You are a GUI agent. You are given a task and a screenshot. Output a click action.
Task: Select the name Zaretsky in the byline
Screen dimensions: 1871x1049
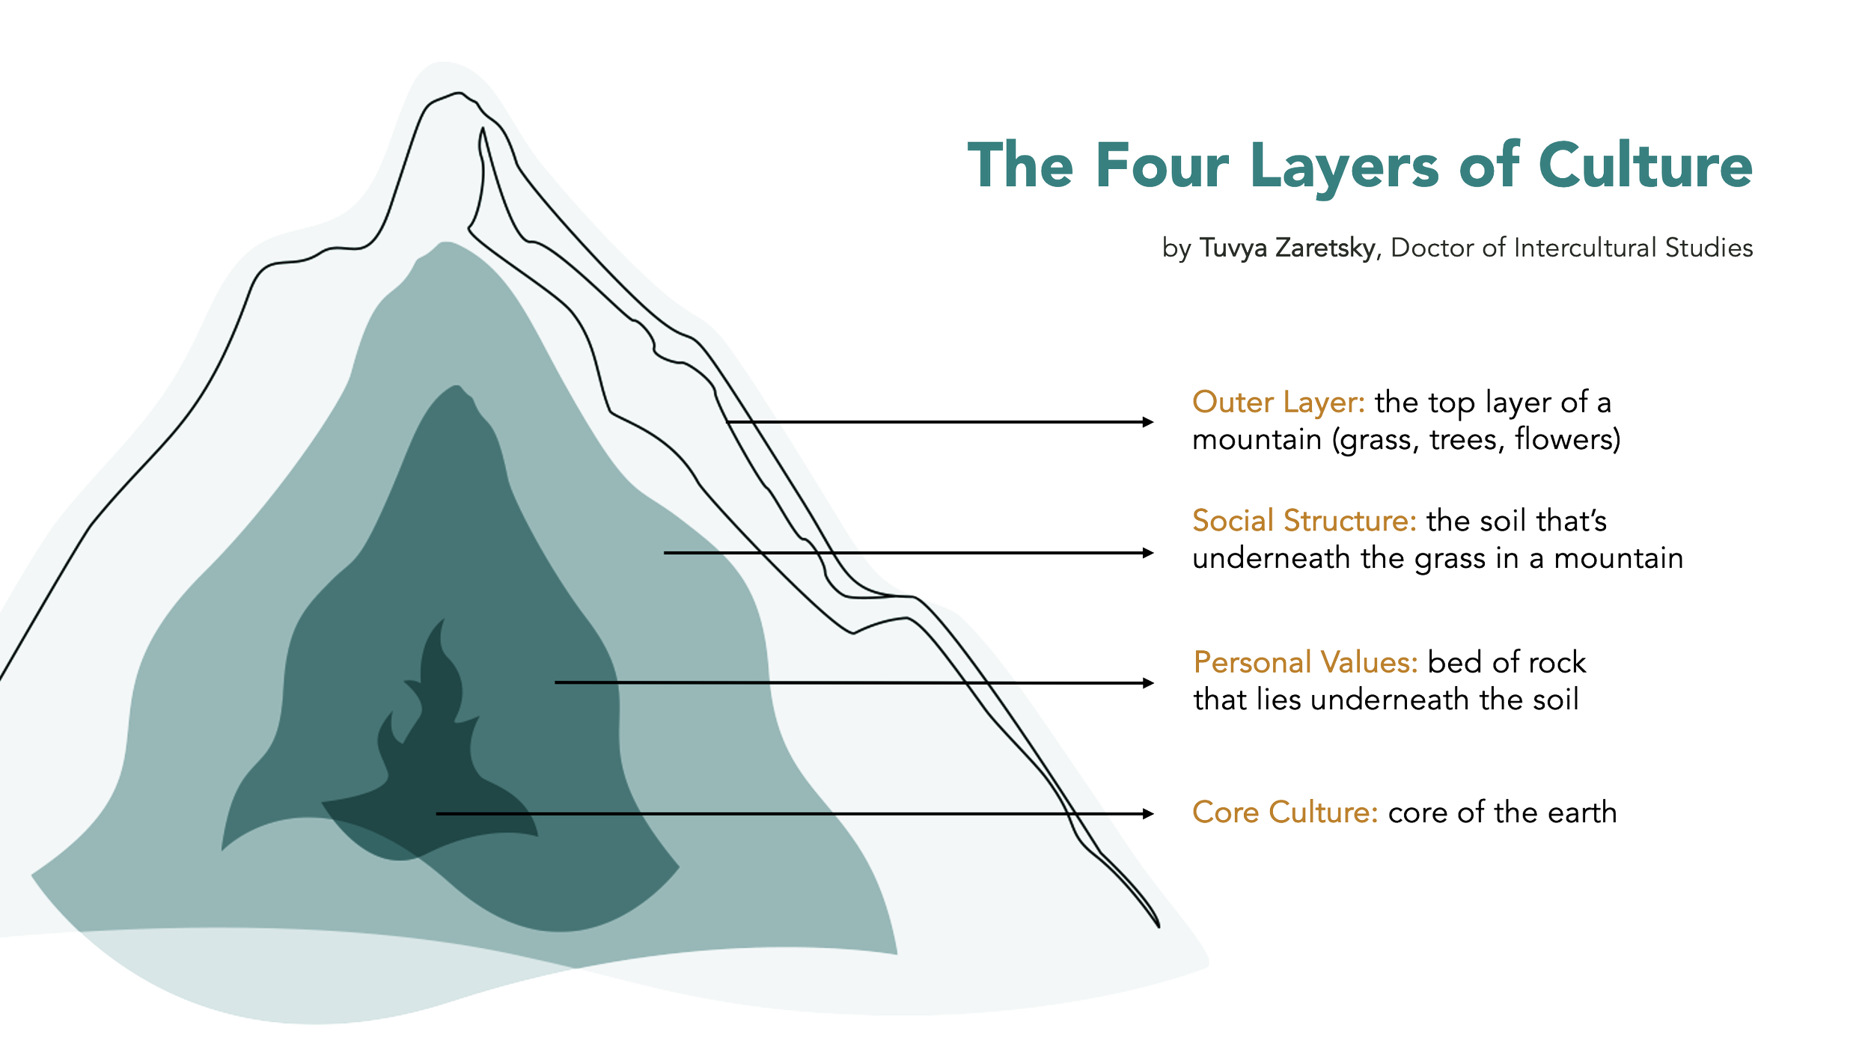tap(1325, 248)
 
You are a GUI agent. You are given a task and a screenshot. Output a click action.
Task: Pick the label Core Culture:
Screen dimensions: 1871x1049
tap(1284, 813)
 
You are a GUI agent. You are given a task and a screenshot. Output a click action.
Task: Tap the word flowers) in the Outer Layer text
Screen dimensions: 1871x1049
tap(1567, 439)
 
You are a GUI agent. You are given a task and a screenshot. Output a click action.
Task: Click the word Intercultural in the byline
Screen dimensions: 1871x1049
tap(1586, 248)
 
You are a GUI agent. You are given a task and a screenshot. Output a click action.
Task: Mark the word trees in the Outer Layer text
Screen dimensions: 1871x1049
tap(1465, 439)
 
